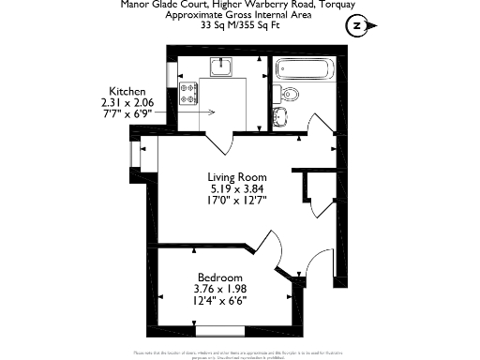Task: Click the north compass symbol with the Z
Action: point(356,26)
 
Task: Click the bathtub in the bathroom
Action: point(304,70)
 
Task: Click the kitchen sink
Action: point(220,66)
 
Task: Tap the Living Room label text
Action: point(236,177)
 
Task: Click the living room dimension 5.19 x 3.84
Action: point(236,187)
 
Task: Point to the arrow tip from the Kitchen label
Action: point(214,112)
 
